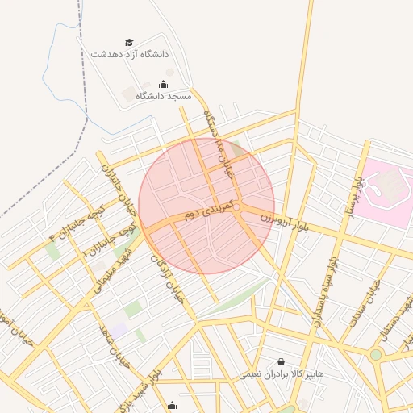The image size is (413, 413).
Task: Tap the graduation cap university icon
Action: coord(129,42)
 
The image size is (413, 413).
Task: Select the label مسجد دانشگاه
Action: coord(164,96)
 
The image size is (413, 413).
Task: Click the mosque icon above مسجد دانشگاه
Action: coord(164,84)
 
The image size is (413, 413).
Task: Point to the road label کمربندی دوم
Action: coord(208,211)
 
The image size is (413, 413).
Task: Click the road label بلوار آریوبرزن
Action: coord(285,221)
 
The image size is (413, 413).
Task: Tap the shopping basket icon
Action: coord(281,362)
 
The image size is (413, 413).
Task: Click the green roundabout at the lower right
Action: coord(375,354)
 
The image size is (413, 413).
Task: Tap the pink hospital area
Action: coord(386,190)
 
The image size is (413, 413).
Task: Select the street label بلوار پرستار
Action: coord(354,194)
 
